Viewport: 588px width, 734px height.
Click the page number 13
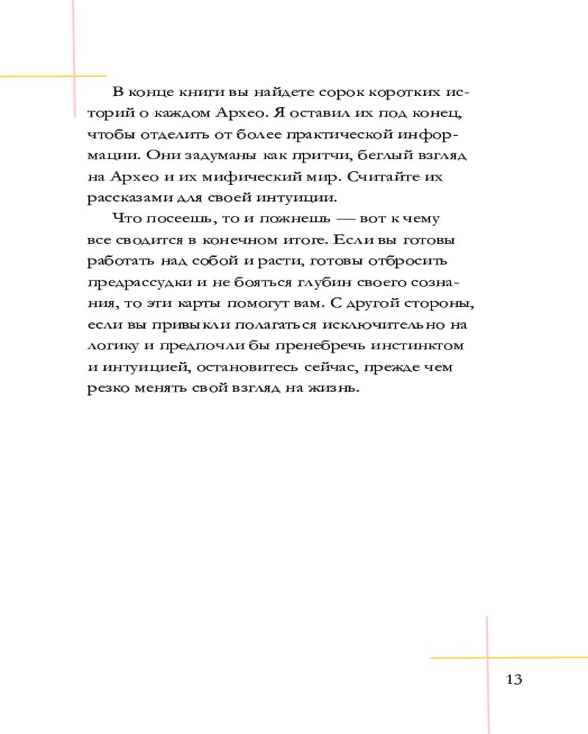point(514,679)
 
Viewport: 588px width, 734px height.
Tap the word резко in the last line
point(107,389)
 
